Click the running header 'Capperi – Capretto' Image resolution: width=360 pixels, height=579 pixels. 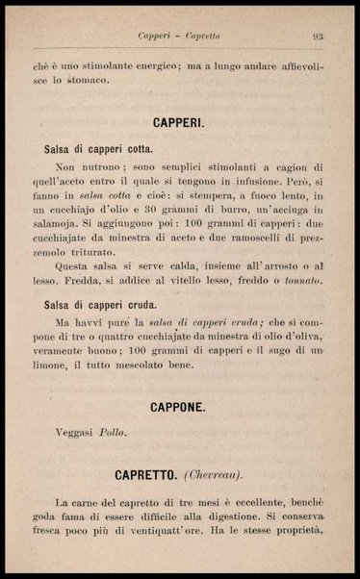[x=178, y=37]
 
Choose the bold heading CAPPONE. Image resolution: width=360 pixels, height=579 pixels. [x=178, y=408]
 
